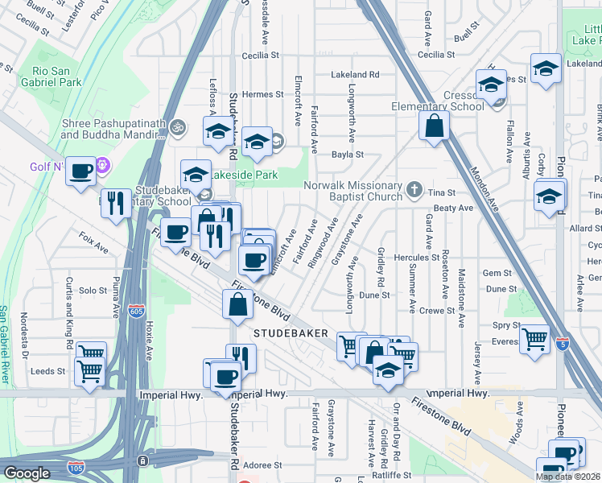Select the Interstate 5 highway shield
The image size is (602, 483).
563,343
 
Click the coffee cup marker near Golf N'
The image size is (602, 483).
80,171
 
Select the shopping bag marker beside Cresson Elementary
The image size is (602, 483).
434,126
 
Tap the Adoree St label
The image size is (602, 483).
263,465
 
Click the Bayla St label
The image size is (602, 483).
348,154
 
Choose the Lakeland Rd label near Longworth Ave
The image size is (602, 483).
355,74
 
